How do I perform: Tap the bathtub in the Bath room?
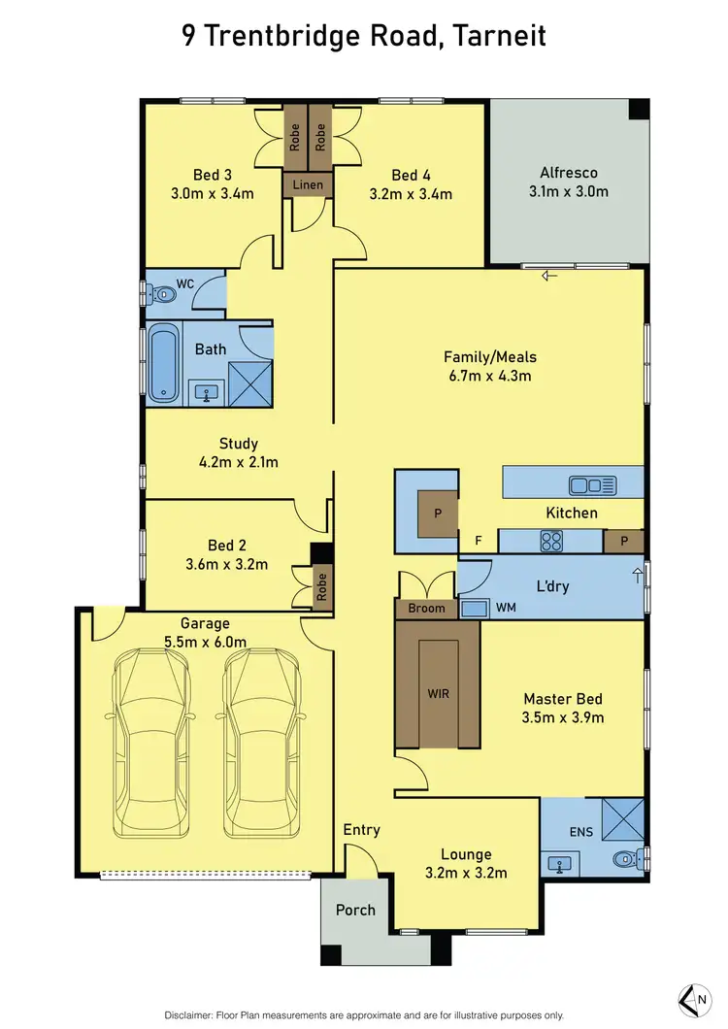[x=162, y=363]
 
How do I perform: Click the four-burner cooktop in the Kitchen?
[x=552, y=542]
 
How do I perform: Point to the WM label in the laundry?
[x=506, y=608]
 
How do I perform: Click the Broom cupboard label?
[x=426, y=609]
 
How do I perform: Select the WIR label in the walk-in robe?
[x=437, y=694]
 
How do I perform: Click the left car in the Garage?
[x=150, y=743]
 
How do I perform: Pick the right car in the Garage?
[x=262, y=743]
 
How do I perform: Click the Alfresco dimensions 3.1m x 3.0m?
[x=568, y=191]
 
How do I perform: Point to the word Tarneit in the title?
[x=497, y=37]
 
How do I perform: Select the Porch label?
[x=355, y=910]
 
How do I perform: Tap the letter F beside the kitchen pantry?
[x=477, y=541]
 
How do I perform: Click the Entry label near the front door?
[x=361, y=830]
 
